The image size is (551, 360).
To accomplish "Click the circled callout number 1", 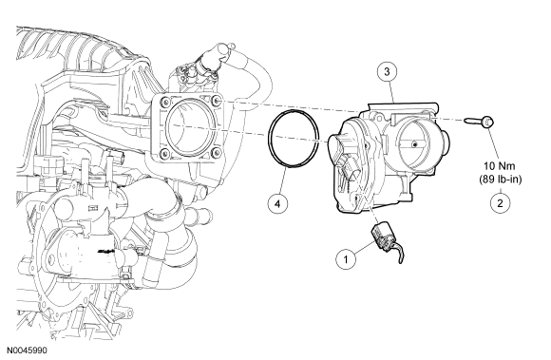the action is coord(346,259).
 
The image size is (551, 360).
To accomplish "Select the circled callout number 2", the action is coord(500,202).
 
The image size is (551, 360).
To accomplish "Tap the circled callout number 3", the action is coord(387,72).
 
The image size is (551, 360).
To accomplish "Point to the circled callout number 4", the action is coord(277,203).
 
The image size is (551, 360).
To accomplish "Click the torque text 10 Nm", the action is coord(500,166).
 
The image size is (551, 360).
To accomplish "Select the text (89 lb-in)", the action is coord(500,180).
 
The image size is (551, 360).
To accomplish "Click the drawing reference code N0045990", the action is coord(27,351).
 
